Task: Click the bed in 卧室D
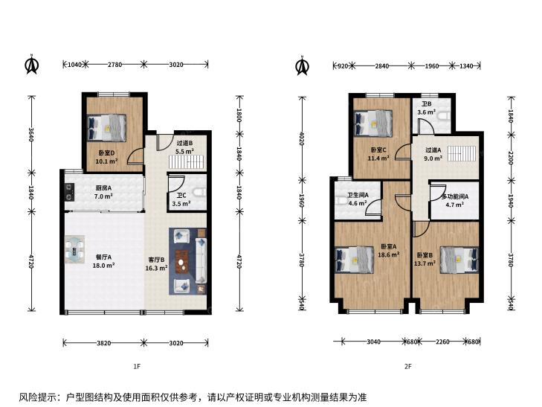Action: tap(107, 127)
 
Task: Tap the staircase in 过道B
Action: tap(185, 161)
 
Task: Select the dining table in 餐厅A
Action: tap(74, 249)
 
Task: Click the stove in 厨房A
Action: tap(69, 192)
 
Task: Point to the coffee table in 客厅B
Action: tap(181, 262)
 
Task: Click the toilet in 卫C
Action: tap(200, 192)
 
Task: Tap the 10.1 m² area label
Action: tap(106, 161)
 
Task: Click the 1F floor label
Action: tap(137, 366)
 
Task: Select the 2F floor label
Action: tap(408, 366)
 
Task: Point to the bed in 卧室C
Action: tap(374, 124)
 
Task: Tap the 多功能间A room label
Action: tap(455, 196)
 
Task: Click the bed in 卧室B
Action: tap(459, 260)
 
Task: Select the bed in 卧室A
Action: tap(355, 260)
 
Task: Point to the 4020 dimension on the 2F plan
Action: tap(302, 138)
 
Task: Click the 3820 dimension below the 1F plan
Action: tap(103, 343)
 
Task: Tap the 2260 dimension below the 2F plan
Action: tap(442, 342)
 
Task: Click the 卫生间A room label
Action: tap(358, 196)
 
